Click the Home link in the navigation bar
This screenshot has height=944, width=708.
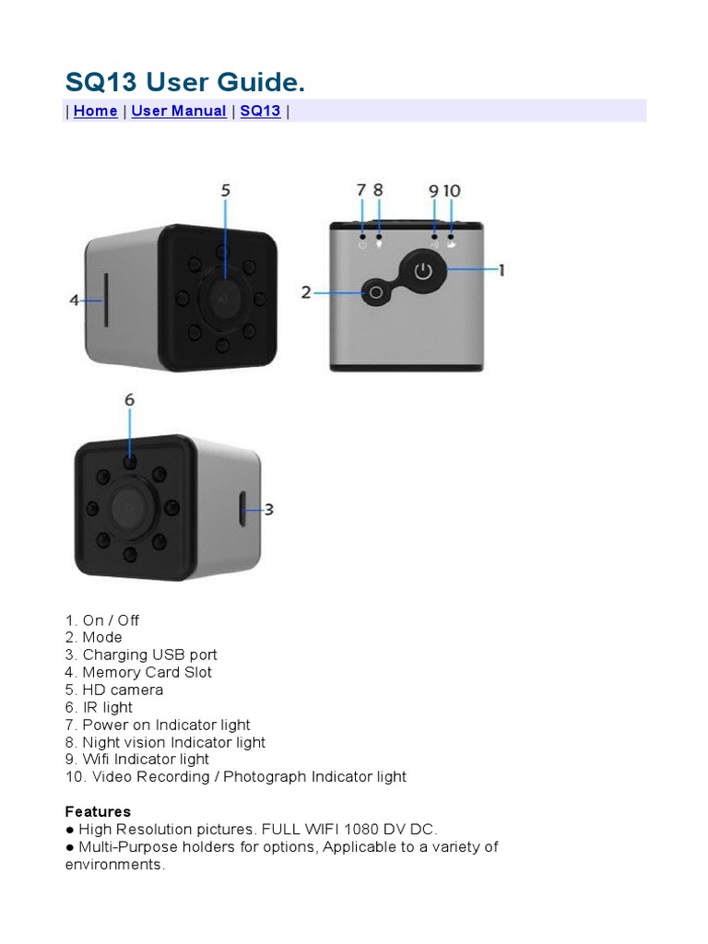click(95, 111)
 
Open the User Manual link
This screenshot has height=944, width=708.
click(179, 111)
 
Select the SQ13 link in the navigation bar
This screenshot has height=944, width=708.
click(260, 111)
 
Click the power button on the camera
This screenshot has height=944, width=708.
click(422, 271)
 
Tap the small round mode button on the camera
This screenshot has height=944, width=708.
click(374, 293)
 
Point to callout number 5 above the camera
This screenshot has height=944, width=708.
click(225, 191)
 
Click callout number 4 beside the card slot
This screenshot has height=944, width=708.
click(75, 300)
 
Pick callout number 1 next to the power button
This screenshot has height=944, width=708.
click(501, 270)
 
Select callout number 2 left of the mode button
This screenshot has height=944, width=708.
click(306, 293)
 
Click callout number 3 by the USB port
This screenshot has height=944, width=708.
click(268, 509)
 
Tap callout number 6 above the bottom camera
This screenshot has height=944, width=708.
click(129, 400)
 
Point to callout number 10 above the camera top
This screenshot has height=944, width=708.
click(452, 191)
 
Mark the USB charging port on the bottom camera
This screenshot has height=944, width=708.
click(242, 509)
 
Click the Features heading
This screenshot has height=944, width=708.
click(98, 811)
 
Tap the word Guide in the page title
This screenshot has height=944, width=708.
click(264, 83)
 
